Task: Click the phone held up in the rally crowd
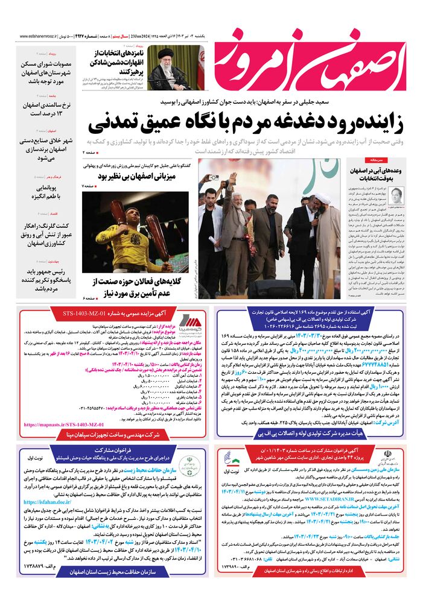click(x=212, y=178)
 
